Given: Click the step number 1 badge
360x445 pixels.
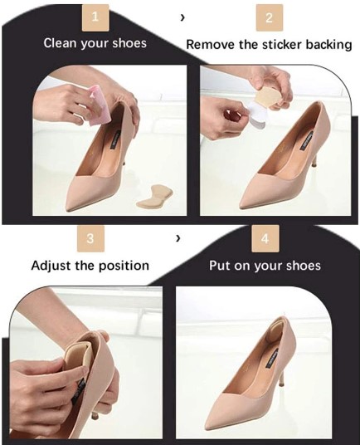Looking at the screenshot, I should tap(95, 17).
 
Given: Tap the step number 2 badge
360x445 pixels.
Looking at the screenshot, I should tap(269, 17).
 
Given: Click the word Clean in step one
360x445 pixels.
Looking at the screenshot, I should tap(62, 42).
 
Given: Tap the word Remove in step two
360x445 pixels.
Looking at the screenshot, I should tap(211, 43).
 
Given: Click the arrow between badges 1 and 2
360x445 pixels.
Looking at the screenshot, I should tap(182, 17).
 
